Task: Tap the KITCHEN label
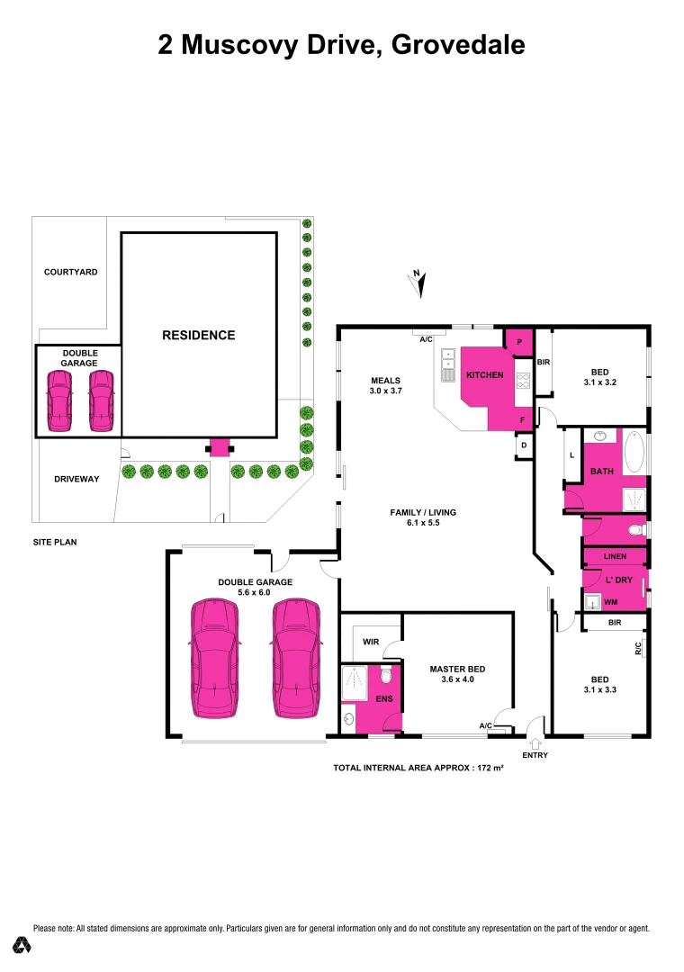tap(484, 374)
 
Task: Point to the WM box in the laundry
tap(610, 601)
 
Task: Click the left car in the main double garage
tap(215, 659)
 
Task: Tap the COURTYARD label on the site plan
tap(70, 272)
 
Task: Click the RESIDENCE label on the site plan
tap(198, 335)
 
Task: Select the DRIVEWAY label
tap(70, 479)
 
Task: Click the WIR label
tap(370, 643)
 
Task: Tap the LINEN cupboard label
tap(615, 556)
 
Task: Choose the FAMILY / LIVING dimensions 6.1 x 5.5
tap(423, 523)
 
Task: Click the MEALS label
tap(384, 380)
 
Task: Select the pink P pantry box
tap(519, 341)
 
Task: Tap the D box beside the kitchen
tap(523, 445)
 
